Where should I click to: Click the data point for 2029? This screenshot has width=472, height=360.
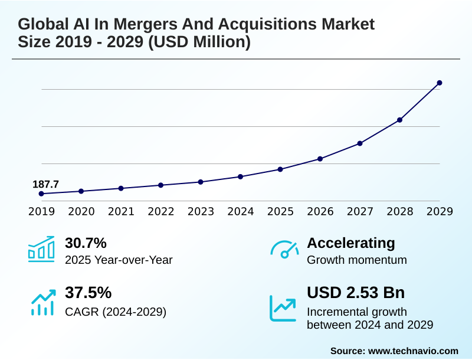pos(440,83)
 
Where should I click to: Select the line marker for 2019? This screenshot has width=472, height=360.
pos(41,194)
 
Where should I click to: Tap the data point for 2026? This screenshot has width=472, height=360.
pos(320,159)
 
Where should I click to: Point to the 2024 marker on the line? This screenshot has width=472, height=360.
pos(241,176)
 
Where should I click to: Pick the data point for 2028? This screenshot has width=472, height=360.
pos(400,120)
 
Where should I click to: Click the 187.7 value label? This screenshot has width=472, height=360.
pos(45,184)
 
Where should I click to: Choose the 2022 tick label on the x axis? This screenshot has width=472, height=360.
pos(160,211)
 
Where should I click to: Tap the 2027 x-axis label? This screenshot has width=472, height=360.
pos(360,211)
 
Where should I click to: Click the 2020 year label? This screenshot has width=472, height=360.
pos(81,211)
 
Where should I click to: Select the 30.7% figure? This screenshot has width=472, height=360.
pos(86,243)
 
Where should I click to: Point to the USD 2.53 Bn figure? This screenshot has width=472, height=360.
pos(356,293)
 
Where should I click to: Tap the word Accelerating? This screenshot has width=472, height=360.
pos(351,243)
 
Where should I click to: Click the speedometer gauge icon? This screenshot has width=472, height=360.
pos(284,250)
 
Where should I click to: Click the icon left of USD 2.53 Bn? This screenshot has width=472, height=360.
pos(283,307)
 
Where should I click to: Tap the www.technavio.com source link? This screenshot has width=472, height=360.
pos(413,351)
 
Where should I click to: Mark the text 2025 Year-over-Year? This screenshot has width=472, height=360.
pos(119,260)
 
